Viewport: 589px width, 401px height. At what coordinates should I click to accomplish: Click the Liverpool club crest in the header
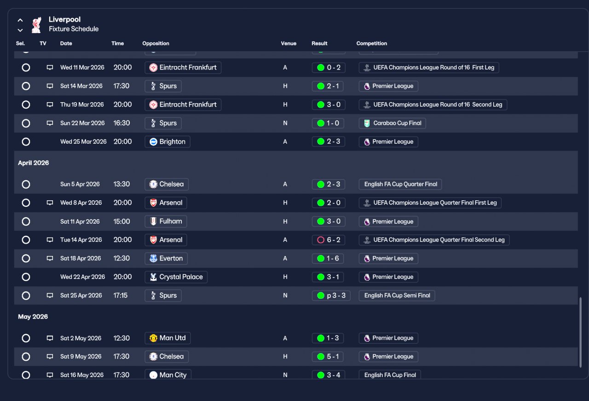(x=36, y=25)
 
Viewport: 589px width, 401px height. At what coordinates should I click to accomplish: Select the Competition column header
(x=371, y=43)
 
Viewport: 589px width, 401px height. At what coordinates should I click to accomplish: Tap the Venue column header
(x=289, y=43)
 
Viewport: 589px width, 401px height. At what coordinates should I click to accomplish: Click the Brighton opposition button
(x=167, y=141)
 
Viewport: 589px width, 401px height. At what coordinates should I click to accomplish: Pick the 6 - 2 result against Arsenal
(x=329, y=240)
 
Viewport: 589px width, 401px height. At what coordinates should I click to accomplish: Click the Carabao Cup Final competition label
(x=392, y=123)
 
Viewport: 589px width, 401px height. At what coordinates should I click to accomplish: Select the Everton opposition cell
(x=166, y=258)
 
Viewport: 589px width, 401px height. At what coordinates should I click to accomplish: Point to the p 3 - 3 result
(x=331, y=296)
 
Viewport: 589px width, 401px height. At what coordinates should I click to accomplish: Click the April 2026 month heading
(x=34, y=163)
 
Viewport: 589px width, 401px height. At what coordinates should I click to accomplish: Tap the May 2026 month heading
(x=33, y=317)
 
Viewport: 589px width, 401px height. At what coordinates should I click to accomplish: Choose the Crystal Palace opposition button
(x=176, y=277)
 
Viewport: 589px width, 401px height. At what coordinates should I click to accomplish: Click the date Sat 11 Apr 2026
(x=80, y=221)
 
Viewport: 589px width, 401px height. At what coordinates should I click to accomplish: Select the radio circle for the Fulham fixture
(x=26, y=221)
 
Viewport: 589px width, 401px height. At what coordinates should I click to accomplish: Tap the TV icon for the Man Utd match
(x=50, y=338)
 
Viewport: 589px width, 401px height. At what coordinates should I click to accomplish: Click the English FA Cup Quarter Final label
(x=400, y=184)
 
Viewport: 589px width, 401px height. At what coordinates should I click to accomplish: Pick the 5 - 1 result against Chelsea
(x=328, y=356)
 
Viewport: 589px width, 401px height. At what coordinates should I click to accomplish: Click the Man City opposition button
(x=168, y=374)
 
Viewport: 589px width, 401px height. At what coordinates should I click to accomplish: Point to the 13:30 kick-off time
(x=121, y=184)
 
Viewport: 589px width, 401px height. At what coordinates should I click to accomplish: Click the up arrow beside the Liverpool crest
(x=20, y=20)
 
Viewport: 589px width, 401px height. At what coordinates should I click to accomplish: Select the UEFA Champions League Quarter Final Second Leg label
(x=434, y=240)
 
